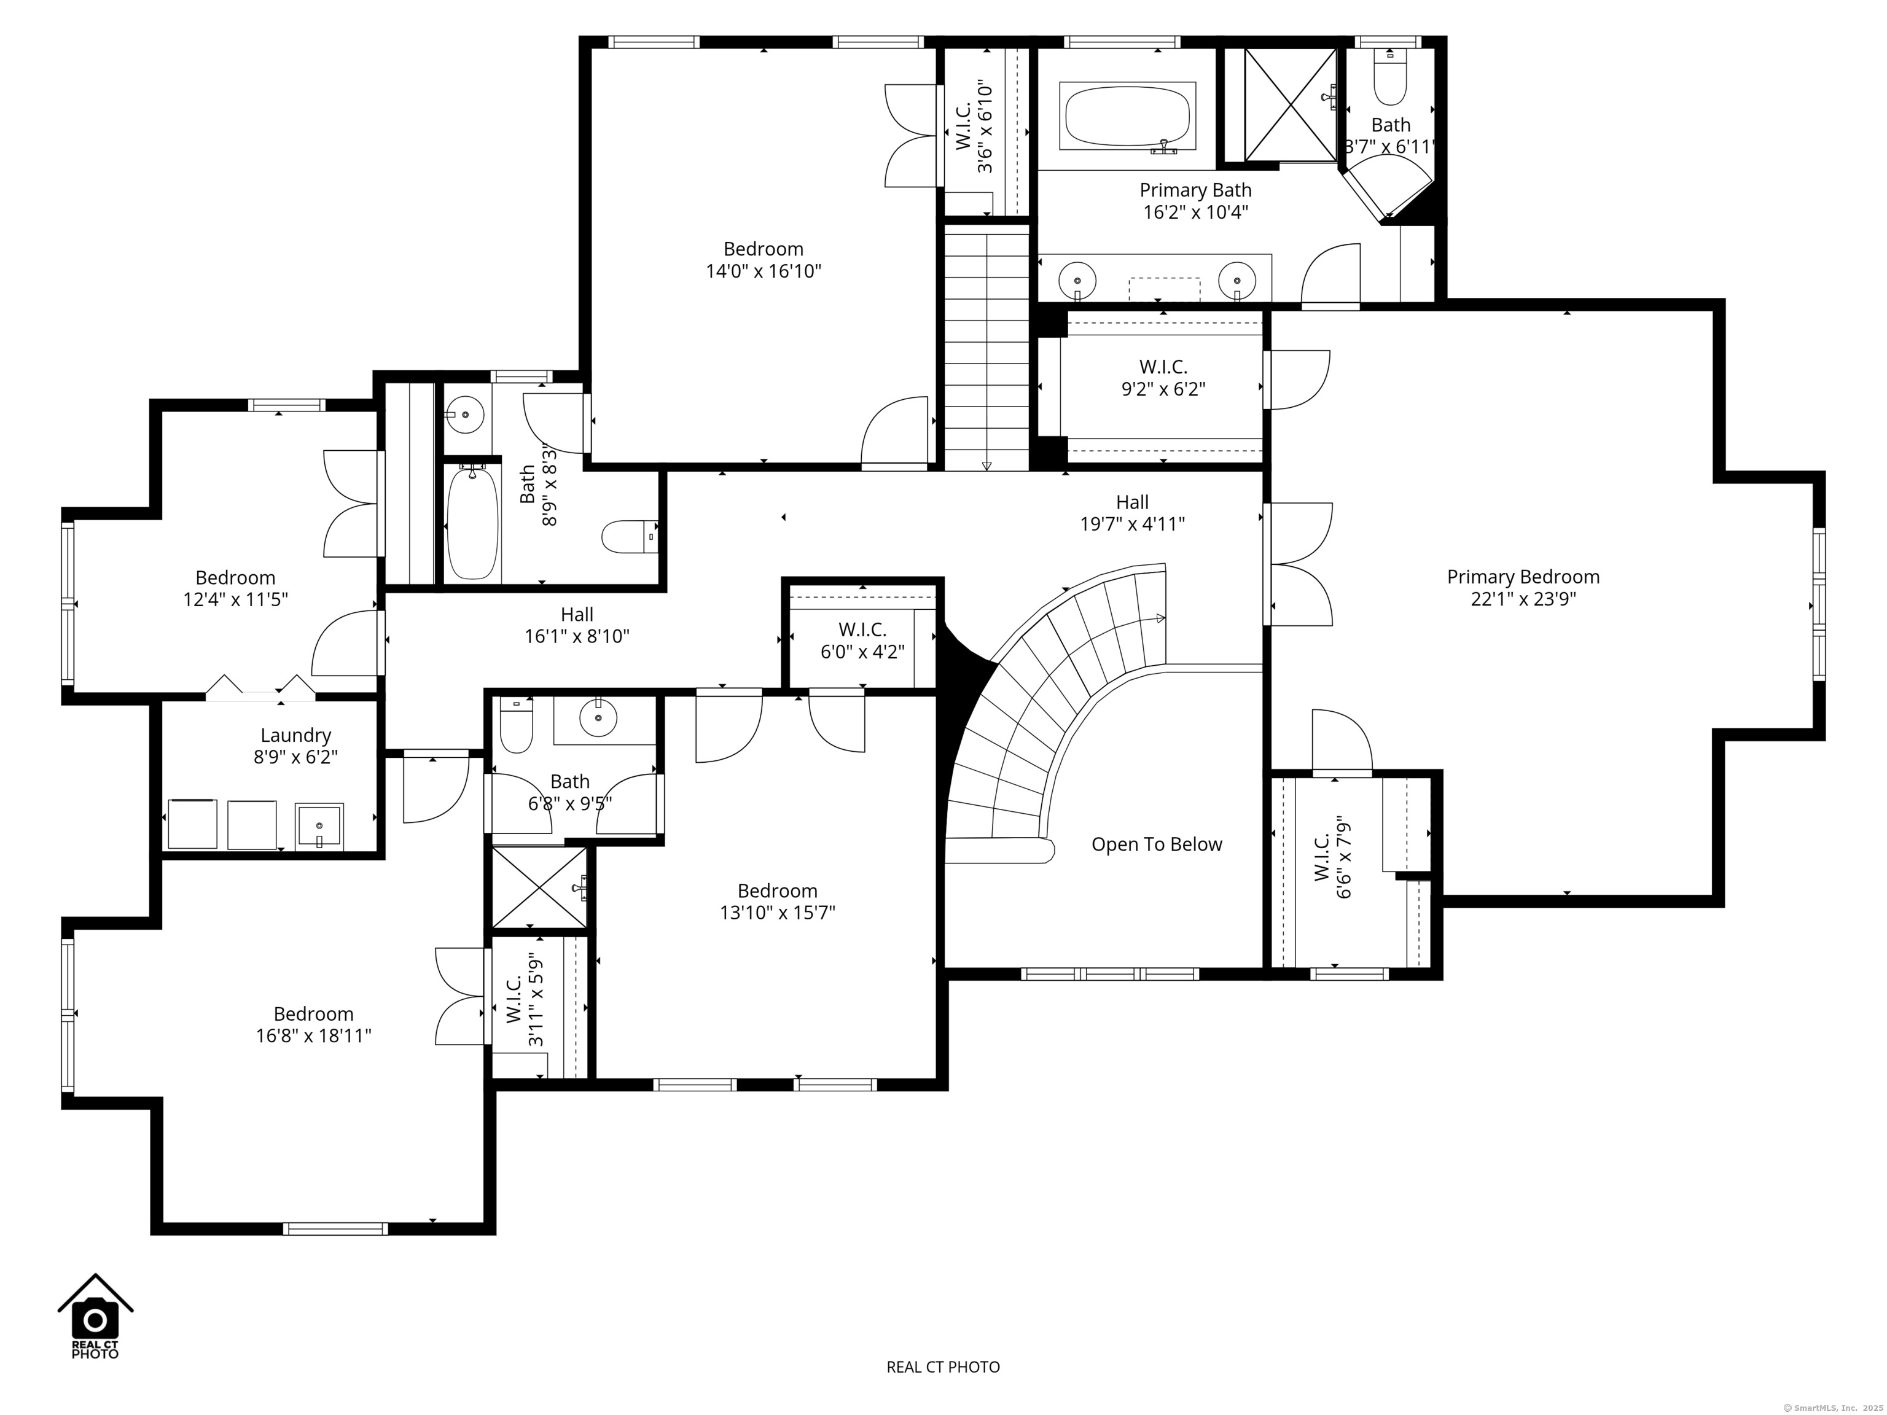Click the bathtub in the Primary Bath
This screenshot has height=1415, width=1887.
coord(1127,117)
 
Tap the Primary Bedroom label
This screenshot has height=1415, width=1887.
coord(1523,577)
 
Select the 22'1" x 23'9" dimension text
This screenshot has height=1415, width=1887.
coord(1523,599)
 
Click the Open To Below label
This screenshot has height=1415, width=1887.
coord(1156,844)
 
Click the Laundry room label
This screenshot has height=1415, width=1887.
coord(295,735)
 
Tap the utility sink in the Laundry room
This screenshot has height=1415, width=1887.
coord(319,825)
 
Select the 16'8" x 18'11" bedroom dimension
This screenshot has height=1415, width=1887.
coord(313,1036)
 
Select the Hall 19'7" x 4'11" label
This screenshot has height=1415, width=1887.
coord(1132,513)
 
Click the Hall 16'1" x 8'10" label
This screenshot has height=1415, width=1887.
coord(577,625)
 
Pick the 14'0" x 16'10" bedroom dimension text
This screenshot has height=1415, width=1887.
coord(763,271)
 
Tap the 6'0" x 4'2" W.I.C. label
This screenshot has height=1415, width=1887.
coord(862,641)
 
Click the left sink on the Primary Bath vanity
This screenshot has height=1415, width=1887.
coord(1077,279)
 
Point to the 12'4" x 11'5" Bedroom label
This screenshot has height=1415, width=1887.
coord(235,588)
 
